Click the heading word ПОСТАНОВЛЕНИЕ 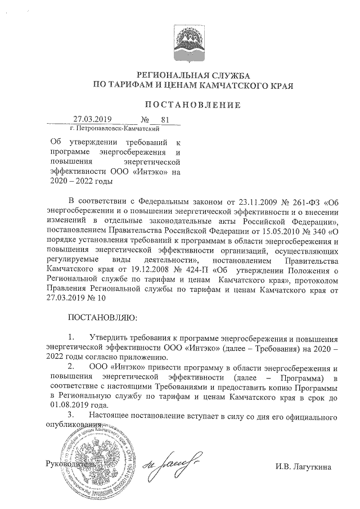(x=193, y=105)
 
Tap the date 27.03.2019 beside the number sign (x=93, y=119)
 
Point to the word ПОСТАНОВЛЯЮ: (x=102, y=317)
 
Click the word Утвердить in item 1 (x=111, y=338)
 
